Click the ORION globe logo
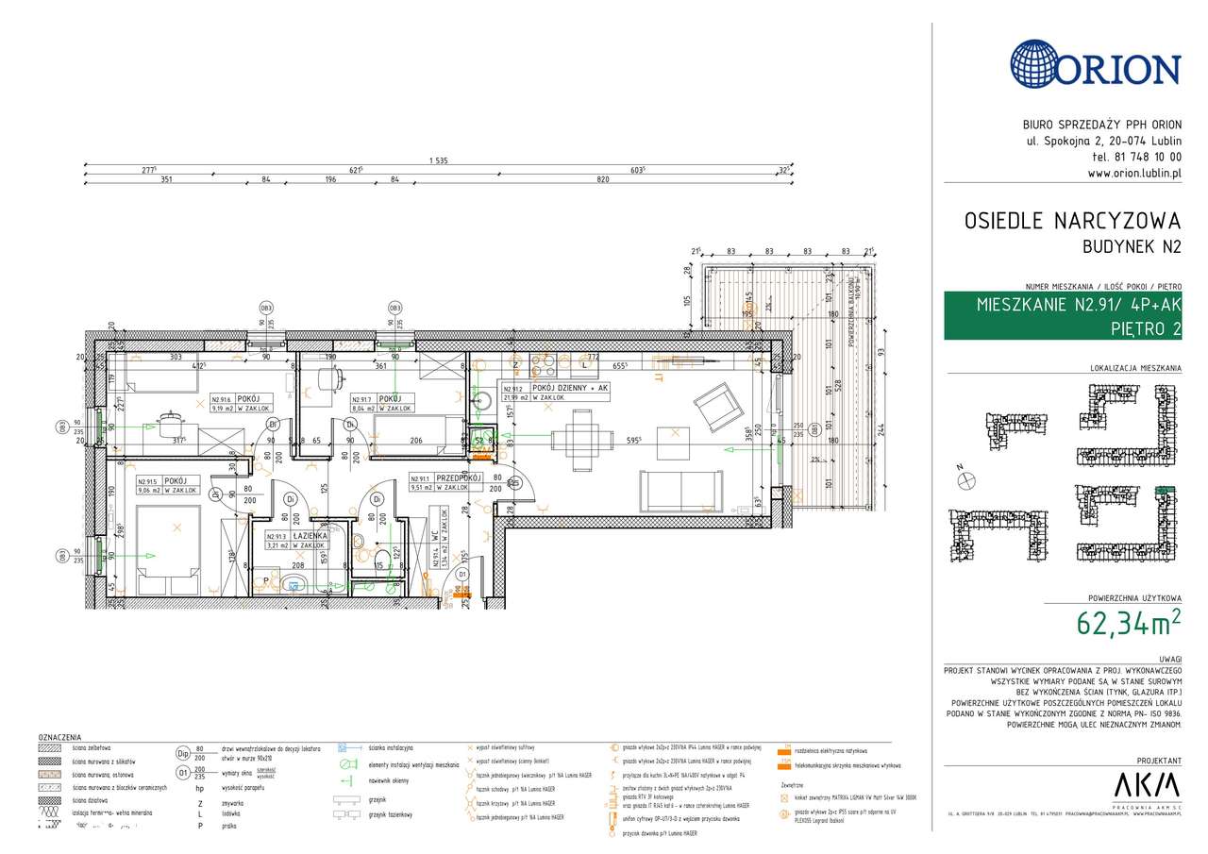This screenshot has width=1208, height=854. (1036, 64)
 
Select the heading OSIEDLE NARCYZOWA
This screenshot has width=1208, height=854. (1072, 221)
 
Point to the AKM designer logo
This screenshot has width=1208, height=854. (1148, 784)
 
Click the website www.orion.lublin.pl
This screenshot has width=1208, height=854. (1133, 174)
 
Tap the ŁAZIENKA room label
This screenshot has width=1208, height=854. (309, 535)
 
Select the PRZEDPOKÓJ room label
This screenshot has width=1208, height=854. (459, 477)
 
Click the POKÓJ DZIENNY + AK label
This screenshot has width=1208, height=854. (569, 388)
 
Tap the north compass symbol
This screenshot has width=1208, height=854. (965, 480)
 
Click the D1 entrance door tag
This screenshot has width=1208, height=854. (461, 573)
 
